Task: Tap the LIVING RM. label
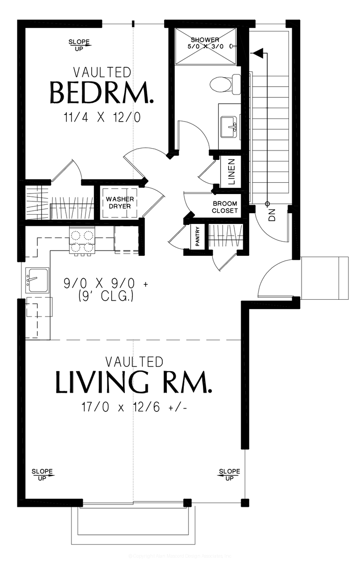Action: tap(134, 382)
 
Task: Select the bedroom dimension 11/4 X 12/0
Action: tap(101, 117)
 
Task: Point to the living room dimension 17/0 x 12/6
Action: tap(134, 407)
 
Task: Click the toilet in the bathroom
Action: tap(224, 84)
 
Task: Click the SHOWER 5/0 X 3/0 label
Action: tap(205, 43)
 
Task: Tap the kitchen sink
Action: tap(37, 280)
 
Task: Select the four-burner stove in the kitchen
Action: tap(82, 241)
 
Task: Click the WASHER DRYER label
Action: tap(120, 203)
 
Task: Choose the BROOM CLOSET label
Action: tap(225, 207)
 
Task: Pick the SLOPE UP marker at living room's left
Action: tap(43, 475)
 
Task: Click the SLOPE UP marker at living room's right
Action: tap(229, 475)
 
